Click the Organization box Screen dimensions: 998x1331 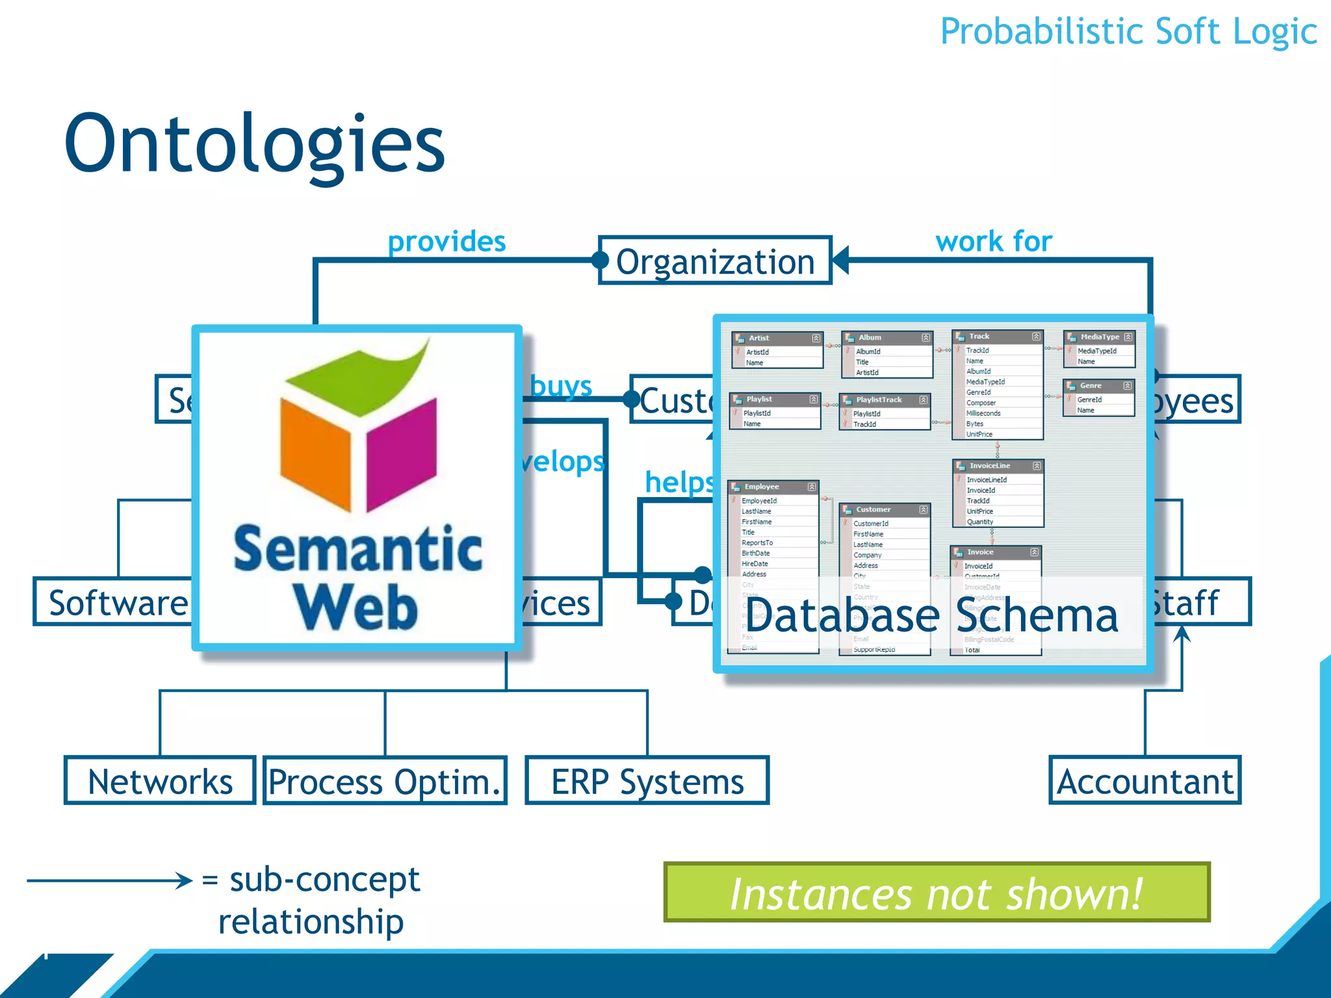715,261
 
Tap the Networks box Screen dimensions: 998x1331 160,780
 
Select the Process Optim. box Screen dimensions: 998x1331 385,780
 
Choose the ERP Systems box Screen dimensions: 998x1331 647,780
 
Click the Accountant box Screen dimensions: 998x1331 1145,780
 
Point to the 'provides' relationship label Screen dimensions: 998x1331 446,242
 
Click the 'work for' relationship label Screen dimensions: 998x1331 994,242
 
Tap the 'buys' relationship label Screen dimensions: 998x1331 561,386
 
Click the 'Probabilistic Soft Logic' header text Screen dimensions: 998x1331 1128,31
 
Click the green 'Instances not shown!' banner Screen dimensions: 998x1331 937,893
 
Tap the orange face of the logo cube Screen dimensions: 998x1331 316,455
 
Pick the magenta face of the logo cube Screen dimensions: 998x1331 402,455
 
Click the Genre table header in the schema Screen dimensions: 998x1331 1098,385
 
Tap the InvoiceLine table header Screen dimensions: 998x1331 998,466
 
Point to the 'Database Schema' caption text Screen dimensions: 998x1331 932,615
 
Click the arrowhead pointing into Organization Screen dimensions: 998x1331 840,261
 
